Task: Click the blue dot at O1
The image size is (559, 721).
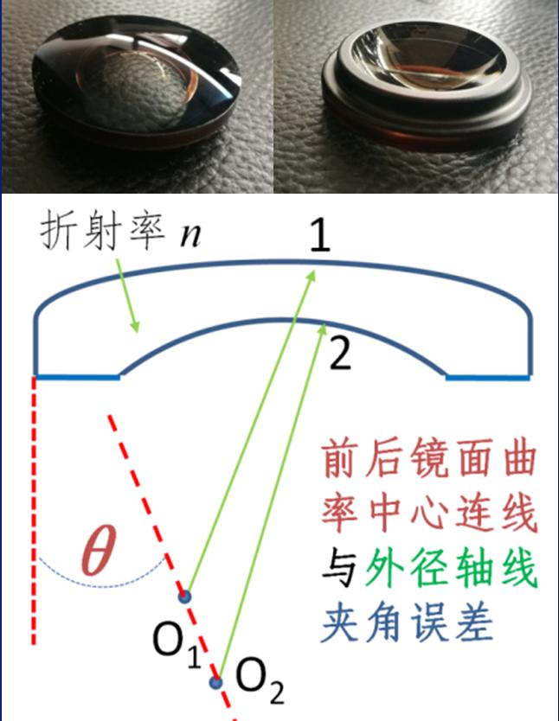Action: (184, 597)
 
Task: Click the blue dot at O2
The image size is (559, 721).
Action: (215, 682)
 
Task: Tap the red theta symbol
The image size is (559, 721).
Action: (98, 550)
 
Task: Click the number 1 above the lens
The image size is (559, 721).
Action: (320, 235)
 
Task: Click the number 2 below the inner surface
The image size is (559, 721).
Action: (340, 354)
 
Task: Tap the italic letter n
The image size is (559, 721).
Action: (190, 234)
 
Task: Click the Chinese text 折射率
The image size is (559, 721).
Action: (103, 233)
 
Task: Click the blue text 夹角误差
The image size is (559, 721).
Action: (408, 622)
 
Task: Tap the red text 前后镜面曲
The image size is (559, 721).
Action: (429, 459)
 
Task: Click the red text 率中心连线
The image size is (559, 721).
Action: (429, 514)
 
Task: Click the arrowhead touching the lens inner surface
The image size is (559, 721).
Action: (323, 329)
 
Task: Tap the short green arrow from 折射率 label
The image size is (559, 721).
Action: (126, 295)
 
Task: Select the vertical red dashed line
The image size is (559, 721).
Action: (34, 509)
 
